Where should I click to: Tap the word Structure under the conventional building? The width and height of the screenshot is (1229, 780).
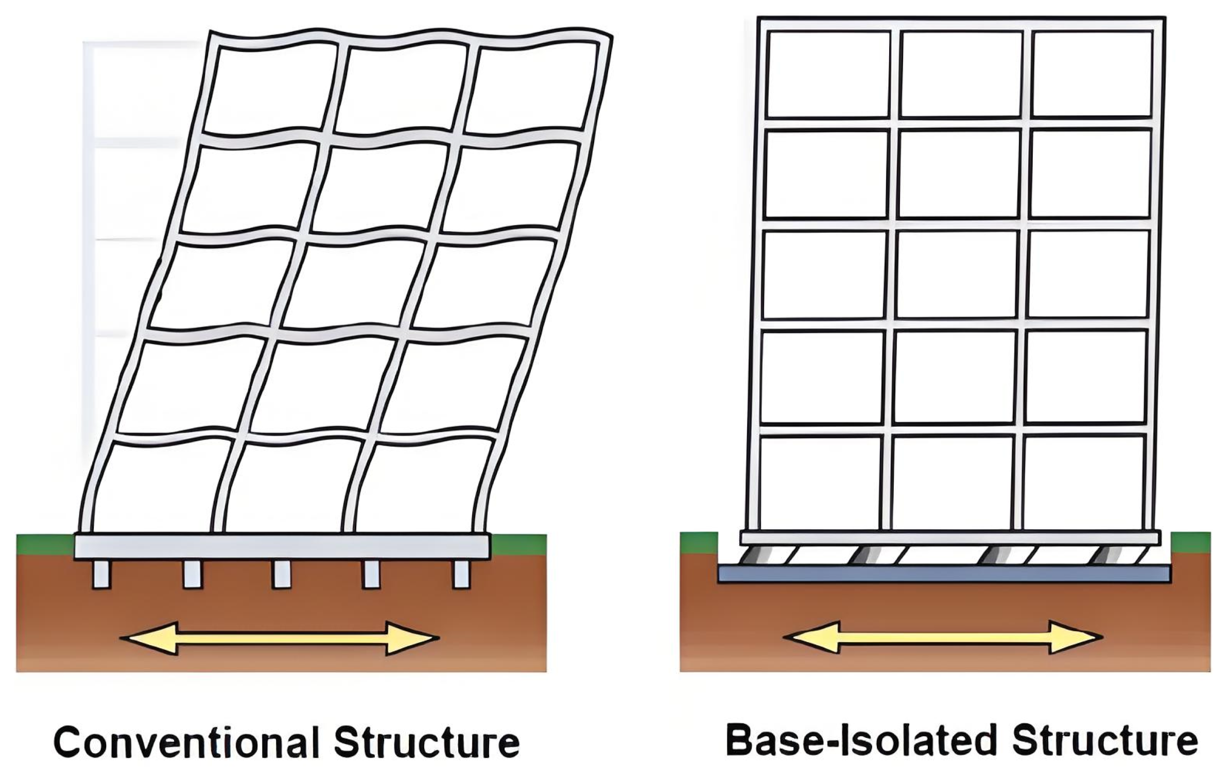426,742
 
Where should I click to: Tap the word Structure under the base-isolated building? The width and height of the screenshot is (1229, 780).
1104,740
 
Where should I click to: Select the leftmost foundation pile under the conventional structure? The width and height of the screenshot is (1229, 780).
101,574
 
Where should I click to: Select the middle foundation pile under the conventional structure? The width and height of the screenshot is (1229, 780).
281,574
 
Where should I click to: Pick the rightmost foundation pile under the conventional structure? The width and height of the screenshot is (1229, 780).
461,574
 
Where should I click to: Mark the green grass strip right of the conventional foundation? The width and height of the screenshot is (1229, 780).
517,543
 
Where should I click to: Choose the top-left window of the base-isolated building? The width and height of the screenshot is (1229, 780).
828,74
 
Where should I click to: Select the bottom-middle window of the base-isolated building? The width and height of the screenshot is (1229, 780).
952,483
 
